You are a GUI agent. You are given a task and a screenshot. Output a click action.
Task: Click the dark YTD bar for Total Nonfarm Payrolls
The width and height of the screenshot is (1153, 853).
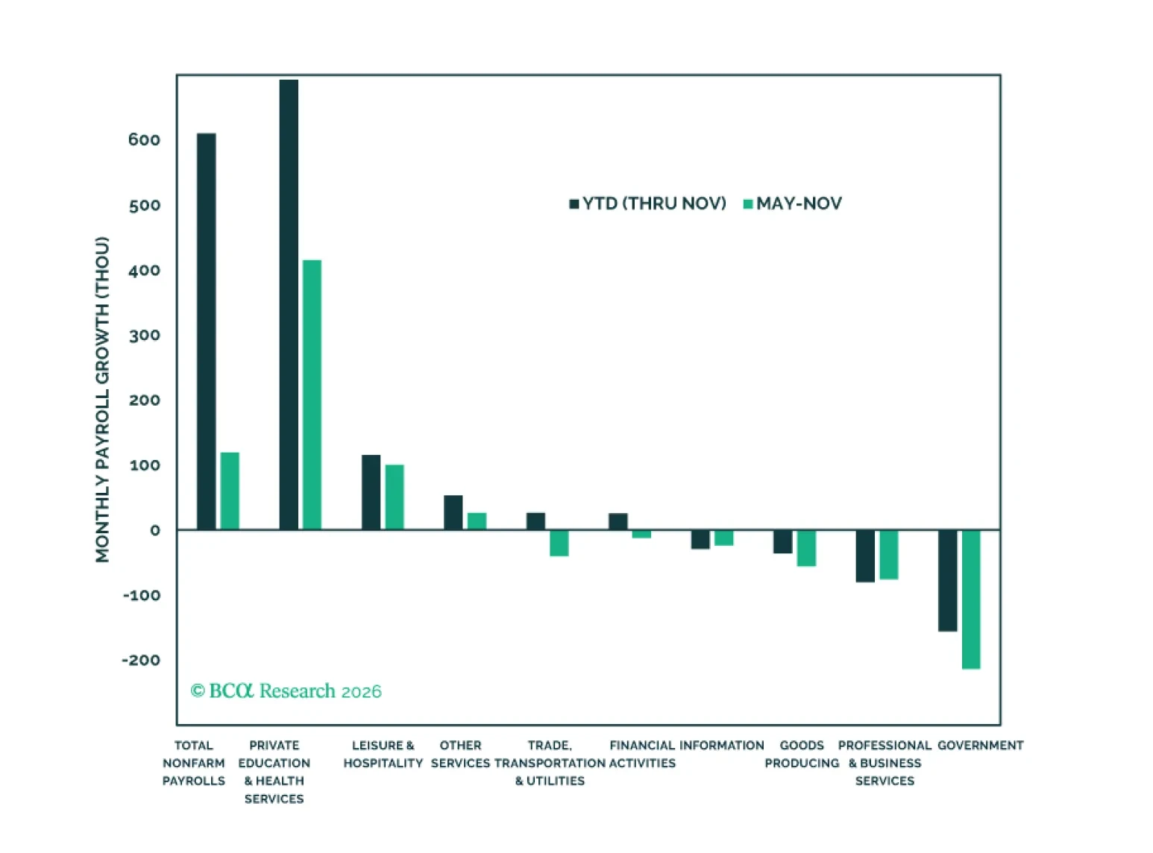coord(207,332)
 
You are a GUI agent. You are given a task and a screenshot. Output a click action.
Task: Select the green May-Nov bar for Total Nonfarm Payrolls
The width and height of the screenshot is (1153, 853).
coord(230,491)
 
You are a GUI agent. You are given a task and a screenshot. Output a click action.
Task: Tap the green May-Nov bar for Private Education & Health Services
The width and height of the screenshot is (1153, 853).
coord(312,395)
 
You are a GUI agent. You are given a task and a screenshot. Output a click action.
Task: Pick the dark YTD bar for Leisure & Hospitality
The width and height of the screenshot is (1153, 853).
coord(371,492)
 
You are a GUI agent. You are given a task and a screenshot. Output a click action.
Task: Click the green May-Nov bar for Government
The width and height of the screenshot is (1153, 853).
coord(971,599)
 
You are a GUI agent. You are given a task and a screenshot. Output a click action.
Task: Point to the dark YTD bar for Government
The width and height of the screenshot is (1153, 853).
coord(947,581)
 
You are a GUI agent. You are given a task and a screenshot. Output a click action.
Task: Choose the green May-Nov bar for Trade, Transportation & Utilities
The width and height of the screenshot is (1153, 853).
coord(559,543)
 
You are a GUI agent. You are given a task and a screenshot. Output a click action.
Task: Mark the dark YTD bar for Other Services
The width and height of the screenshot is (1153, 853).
coord(453,513)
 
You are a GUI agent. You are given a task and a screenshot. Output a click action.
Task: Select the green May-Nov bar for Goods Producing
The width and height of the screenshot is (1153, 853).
coord(806,548)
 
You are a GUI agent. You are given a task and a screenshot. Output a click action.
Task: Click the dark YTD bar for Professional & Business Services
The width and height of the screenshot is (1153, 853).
coord(865,556)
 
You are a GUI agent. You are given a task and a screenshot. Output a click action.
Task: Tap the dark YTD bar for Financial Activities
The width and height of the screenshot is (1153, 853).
coord(618,522)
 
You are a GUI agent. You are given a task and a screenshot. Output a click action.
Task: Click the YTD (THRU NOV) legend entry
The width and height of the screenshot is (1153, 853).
coord(647,204)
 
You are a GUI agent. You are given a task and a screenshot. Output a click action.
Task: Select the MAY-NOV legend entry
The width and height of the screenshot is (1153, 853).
coord(793,204)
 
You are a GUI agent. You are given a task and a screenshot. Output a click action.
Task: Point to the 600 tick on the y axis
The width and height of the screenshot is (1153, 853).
coord(144,140)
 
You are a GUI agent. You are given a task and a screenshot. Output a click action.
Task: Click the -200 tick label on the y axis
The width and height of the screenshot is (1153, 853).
coord(141,661)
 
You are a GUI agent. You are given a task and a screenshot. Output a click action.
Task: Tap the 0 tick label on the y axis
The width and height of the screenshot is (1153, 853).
coord(154,531)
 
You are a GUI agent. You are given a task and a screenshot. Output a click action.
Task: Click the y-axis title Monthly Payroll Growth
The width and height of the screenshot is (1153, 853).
coord(102,400)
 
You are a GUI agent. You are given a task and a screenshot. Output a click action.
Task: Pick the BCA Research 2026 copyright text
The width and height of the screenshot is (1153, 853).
coord(286,691)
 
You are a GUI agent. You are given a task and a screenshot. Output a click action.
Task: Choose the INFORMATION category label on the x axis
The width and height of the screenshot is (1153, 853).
coord(721,746)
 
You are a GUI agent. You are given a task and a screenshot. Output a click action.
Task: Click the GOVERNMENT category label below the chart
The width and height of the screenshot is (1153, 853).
coord(980,746)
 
